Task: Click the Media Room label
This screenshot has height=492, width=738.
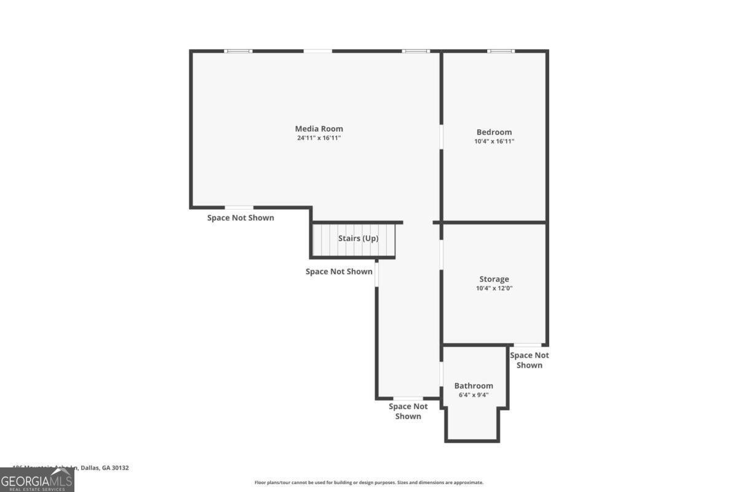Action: click(x=319, y=129)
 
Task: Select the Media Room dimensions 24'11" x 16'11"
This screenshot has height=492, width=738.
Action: click(x=319, y=138)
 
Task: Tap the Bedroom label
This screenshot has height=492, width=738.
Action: click(x=494, y=132)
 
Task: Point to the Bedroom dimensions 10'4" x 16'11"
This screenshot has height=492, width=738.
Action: click(x=494, y=141)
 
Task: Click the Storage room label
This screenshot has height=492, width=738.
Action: click(x=494, y=279)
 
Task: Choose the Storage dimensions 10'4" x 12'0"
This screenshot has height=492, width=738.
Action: click(x=494, y=288)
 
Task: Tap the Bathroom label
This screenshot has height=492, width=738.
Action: click(x=474, y=386)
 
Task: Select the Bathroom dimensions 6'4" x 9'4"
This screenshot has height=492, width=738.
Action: click(x=474, y=395)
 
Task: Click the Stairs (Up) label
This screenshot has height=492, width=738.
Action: click(x=358, y=238)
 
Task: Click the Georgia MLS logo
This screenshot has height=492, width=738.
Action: click(x=37, y=480)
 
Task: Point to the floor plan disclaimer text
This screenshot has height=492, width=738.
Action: click(x=369, y=483)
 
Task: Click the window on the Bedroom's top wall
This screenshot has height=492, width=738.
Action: click(x=501, y=51)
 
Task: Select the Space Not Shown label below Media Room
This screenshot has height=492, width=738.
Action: click(x=240, y=218)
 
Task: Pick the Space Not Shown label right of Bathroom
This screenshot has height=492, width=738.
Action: click(x=529, y=360)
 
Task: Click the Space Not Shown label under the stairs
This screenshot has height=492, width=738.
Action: click(x=339, y=271)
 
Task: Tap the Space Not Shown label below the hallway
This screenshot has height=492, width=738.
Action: click(x=408, y=411)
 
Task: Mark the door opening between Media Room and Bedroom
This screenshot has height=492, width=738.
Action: click(x=441, y=137)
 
